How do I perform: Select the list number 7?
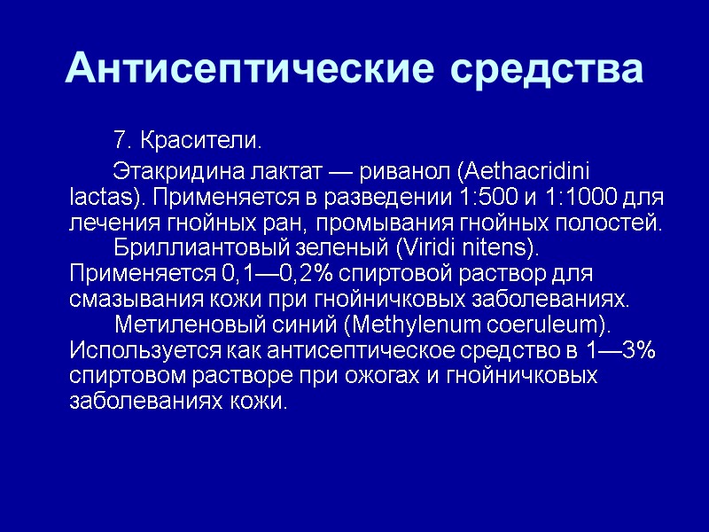point(122,141)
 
